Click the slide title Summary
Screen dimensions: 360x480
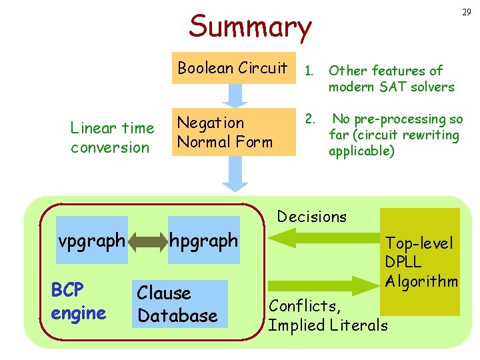pos(250,27)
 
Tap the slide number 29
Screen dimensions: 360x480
pos(467,13)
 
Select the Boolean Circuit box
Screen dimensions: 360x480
pos(233,68)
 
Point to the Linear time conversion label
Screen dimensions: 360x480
pos(111,137)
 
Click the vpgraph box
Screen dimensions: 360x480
pos(91,241)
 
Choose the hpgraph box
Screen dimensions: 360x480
pos(204,241)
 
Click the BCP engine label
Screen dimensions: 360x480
pos(77,301)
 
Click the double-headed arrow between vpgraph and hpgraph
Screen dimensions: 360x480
pos(148,241)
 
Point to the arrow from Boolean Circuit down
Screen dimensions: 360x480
pos(233,95)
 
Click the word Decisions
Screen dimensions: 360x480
pos(312,217)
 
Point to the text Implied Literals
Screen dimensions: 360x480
pos(327,325)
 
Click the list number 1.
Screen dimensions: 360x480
pos(309,71)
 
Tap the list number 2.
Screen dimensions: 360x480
pos(309,119)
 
